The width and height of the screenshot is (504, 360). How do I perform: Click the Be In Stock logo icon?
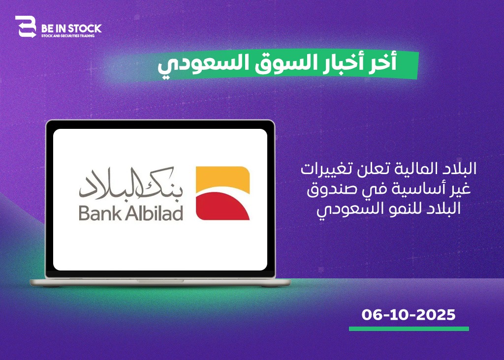(x=26, y=27)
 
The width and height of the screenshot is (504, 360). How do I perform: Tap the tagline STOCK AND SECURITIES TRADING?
(x=68, y=35)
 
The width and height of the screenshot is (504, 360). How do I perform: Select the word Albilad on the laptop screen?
(x=154, y=213)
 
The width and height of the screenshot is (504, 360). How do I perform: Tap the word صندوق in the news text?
(x=328, y=189)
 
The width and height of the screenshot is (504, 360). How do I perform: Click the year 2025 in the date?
(x=436, y=315)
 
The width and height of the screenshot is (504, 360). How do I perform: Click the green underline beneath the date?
(x=409, y=329)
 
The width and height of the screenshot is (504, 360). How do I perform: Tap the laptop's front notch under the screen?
(x=160, y=281)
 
